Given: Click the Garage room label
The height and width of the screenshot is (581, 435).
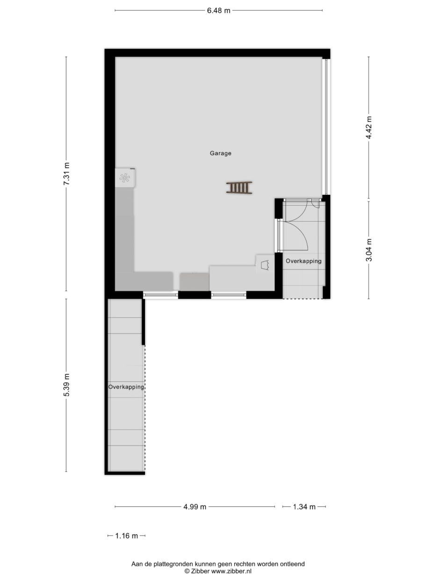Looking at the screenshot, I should click(x=220, y=153).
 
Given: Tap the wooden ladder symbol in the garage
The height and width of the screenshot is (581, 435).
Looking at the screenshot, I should click(x=239, y=187).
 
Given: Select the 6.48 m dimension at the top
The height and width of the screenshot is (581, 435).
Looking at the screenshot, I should click(x=218, y=11).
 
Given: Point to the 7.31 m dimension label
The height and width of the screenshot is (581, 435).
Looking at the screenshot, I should click(x=66, y=174).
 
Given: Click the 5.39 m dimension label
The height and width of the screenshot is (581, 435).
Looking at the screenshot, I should click(x=66, y=385).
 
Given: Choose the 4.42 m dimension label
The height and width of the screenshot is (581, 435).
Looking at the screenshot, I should click(x=369, y=127).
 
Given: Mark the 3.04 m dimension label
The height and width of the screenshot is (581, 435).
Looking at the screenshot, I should click(x=369, y=249).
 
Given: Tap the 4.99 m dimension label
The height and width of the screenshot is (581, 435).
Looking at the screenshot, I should click(x=195, y=507).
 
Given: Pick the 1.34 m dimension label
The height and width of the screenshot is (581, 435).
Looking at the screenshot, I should click(x=304, y=507).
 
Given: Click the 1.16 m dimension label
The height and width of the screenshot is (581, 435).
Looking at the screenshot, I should click(x=126, y=536).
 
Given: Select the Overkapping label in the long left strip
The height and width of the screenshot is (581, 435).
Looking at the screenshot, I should click(x=126, y=387).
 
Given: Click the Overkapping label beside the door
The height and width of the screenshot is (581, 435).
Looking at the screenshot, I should click(x=304, y=261).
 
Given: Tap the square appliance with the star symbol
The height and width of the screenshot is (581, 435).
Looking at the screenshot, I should click(x=125, y=178).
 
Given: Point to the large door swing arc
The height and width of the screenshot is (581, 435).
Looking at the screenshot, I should click(x=299, y=234).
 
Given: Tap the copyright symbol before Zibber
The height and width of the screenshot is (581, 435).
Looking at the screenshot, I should click(x=187, y=571).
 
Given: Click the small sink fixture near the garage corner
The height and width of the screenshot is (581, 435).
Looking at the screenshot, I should click(x=265, y=263).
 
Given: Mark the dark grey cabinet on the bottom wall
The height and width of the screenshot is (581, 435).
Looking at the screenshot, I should click(x=194, y=282).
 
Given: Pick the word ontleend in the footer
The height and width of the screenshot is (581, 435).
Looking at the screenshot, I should click(x=292, y=564).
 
